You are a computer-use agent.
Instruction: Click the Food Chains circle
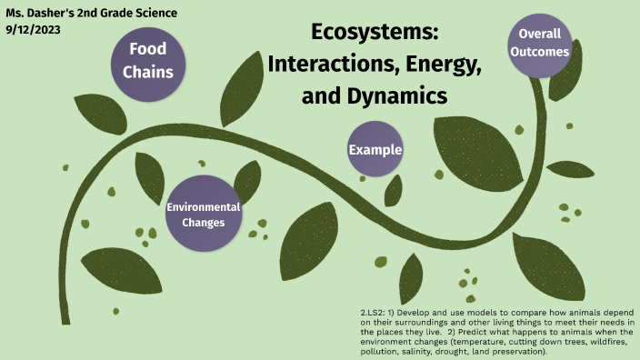coord(147,60)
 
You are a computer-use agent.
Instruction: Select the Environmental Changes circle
coord(204,214)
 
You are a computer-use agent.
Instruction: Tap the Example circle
coord(375,149)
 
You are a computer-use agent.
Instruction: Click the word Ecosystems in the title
coord(375,34)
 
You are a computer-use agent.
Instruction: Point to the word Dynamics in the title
coord(405,94)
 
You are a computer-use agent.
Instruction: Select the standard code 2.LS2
coord(375,313)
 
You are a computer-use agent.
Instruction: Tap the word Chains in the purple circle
coord(147,71)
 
